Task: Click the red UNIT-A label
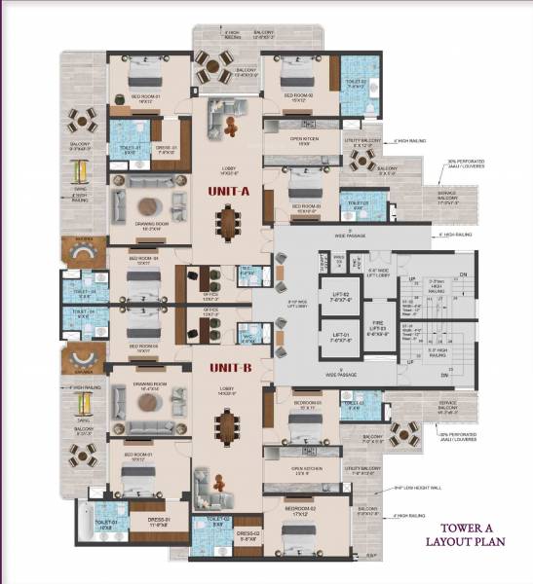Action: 230,192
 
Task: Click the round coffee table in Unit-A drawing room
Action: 149,206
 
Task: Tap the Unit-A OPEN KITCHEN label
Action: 306,139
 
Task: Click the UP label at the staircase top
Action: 412,279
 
